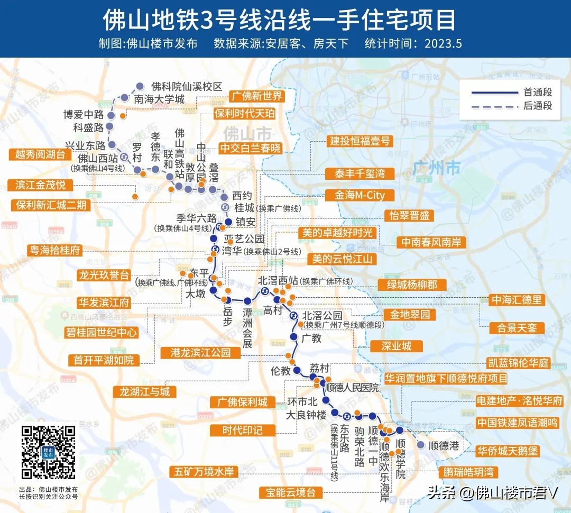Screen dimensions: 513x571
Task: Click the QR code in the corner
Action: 48,453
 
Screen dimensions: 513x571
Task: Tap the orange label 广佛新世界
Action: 256,96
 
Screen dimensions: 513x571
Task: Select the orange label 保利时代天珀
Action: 244,114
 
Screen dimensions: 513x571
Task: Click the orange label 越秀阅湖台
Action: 40,154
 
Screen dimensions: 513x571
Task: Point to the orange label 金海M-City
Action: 360,195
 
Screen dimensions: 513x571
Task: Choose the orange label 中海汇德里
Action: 517,300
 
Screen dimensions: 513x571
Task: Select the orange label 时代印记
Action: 242,430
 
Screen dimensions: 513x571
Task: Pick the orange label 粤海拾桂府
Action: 56,250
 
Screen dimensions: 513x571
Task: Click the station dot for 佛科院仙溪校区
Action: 140,86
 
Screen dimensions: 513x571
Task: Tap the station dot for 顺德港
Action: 420,445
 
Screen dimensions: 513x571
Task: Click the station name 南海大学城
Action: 159,99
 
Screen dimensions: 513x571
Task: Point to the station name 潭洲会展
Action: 247,328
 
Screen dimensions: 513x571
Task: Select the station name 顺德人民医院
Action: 352,388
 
